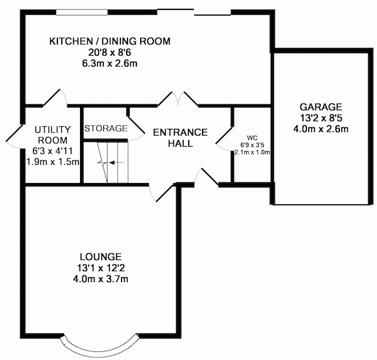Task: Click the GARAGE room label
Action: pos(321,106)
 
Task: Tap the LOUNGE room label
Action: pos(100,257)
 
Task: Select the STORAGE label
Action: pos(106,128)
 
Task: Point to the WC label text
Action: pos(252,138)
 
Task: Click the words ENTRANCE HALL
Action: pos(180,138)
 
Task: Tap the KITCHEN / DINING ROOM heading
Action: pos(110,41)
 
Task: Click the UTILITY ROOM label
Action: pos(52,135)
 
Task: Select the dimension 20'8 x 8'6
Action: pos(110,52)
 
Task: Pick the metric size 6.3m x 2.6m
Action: pos(110,63)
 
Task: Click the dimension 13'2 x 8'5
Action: pos(321,118)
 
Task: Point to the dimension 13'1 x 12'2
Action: pos(101,268)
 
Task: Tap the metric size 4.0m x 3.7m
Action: pos(101,279)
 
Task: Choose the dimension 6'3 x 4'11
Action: pos(52,151)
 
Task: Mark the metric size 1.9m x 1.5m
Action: pos(52,162)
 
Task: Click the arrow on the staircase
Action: pos(116,163)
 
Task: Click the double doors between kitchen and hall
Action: pos(178,98)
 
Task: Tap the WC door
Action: pos(224,139)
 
